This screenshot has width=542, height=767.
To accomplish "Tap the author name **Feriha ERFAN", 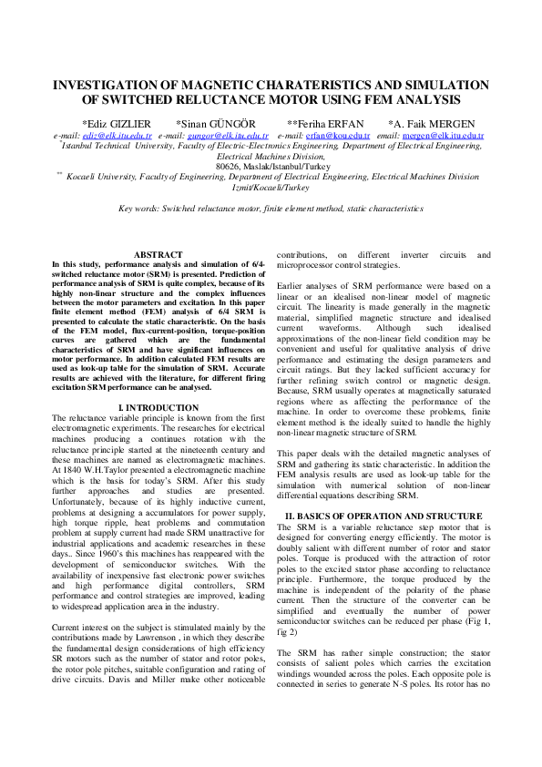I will (x=325, y=123).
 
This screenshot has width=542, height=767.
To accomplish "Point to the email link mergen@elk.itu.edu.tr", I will (x=443, y=135).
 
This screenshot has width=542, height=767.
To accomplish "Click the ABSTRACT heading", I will (x=158, y=255).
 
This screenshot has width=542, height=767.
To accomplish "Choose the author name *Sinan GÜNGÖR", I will (x=216, y=123).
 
